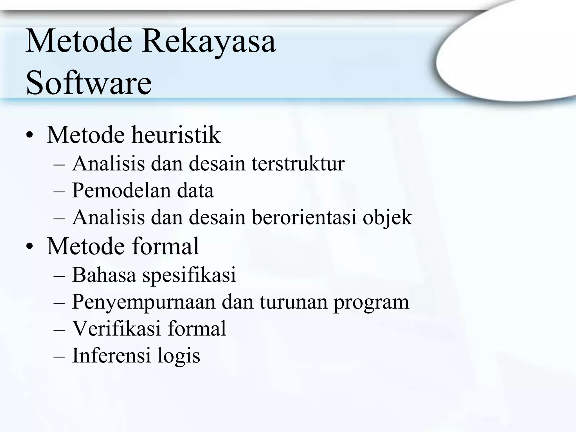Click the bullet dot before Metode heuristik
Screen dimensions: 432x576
pos(29,136)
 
